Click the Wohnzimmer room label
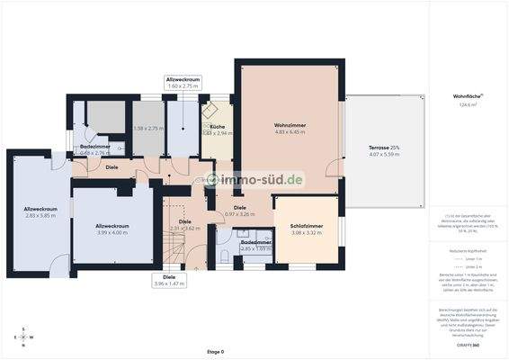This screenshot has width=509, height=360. click(x=290, y=125)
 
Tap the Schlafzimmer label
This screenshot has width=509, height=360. click(x=307, y=226)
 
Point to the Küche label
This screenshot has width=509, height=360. click(x=217, y=127)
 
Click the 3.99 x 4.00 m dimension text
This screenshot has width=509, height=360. click(x=112, y=232)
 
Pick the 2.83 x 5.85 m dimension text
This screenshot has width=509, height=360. click(x=40, y=216)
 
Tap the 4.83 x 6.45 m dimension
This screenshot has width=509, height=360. click(x=290, y=132)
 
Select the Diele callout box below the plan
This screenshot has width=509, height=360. click(x=169, y=280)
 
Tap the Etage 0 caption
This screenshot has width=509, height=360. click(x=215, y=351)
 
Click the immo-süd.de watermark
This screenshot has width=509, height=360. click(x=255, y=180)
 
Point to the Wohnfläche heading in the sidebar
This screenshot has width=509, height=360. click(x=468, y=96)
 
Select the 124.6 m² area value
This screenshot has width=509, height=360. click(x=468, y=104)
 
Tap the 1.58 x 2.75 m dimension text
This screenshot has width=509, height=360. click(x=149, y=129)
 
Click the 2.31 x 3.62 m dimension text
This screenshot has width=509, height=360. click(x=184, y=228)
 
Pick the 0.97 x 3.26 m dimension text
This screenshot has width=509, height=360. click(x=227, y=214)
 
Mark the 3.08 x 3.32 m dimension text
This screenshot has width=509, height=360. click(x=307, y=233)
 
